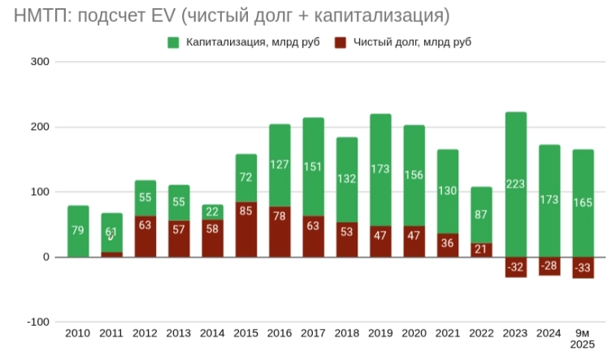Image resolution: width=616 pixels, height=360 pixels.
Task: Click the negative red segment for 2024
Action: [549, 266]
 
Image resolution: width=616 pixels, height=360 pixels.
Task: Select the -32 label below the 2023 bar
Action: [515, 267]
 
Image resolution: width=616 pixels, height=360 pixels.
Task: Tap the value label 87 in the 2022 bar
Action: [482, 215]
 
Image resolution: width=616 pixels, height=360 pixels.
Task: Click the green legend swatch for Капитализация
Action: [173, 42]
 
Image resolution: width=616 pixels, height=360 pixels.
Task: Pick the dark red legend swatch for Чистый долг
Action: [341, 42]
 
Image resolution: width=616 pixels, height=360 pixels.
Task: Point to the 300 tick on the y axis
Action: [40, 62]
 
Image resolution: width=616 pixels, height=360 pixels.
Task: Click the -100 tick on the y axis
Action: [37, 322]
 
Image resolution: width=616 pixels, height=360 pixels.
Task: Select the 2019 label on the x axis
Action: [380, 333]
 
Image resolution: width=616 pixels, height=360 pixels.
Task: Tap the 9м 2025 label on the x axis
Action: [583, 339]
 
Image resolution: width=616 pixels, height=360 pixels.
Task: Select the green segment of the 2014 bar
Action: [213, 211]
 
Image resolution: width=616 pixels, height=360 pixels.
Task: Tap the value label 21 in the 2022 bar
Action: [482, 249]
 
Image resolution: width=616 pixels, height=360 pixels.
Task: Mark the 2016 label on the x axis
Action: [280, 333]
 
